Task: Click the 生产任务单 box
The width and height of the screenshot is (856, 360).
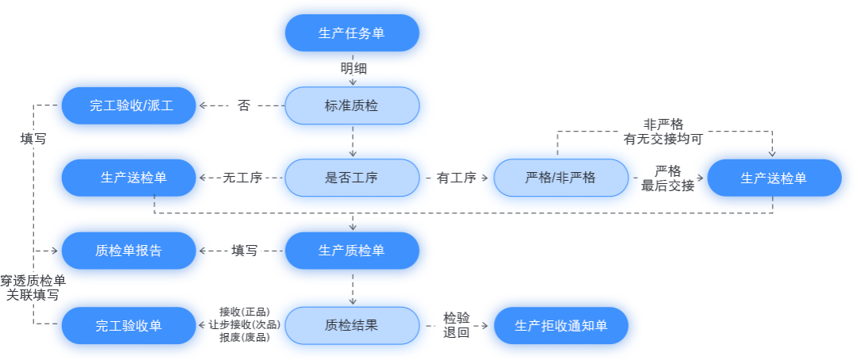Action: tap(352, 33)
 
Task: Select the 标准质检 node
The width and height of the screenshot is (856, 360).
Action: tap(352, 105)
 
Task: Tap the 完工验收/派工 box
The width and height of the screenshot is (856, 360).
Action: tap(128, 105)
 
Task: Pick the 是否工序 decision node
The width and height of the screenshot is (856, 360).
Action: tap(352, 178)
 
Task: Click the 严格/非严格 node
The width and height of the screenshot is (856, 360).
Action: tap(560, 178)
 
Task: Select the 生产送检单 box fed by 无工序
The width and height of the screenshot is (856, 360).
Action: tap(128, 178)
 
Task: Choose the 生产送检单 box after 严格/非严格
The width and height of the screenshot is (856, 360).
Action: tap(774, 178)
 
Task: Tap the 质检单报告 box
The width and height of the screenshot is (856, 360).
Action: tap(128, 251)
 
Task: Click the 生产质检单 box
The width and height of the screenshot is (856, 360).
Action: tap(352, 251)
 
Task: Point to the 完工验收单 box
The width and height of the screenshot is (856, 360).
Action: tap(128, 325)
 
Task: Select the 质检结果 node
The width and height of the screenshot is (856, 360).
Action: tap(352, 325)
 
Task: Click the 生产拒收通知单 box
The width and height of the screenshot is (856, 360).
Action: tap(560, 325)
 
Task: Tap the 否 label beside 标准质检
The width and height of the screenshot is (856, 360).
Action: tap(243, 105)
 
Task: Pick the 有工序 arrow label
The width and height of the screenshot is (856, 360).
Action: tap(456, 178)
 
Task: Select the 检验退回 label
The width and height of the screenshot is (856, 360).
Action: tap(457, 325)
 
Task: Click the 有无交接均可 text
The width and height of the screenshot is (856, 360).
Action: tap(663, 139)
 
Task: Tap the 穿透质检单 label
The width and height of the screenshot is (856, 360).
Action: tap(32, 280)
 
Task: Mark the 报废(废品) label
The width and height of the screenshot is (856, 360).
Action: tap(244, 337)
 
